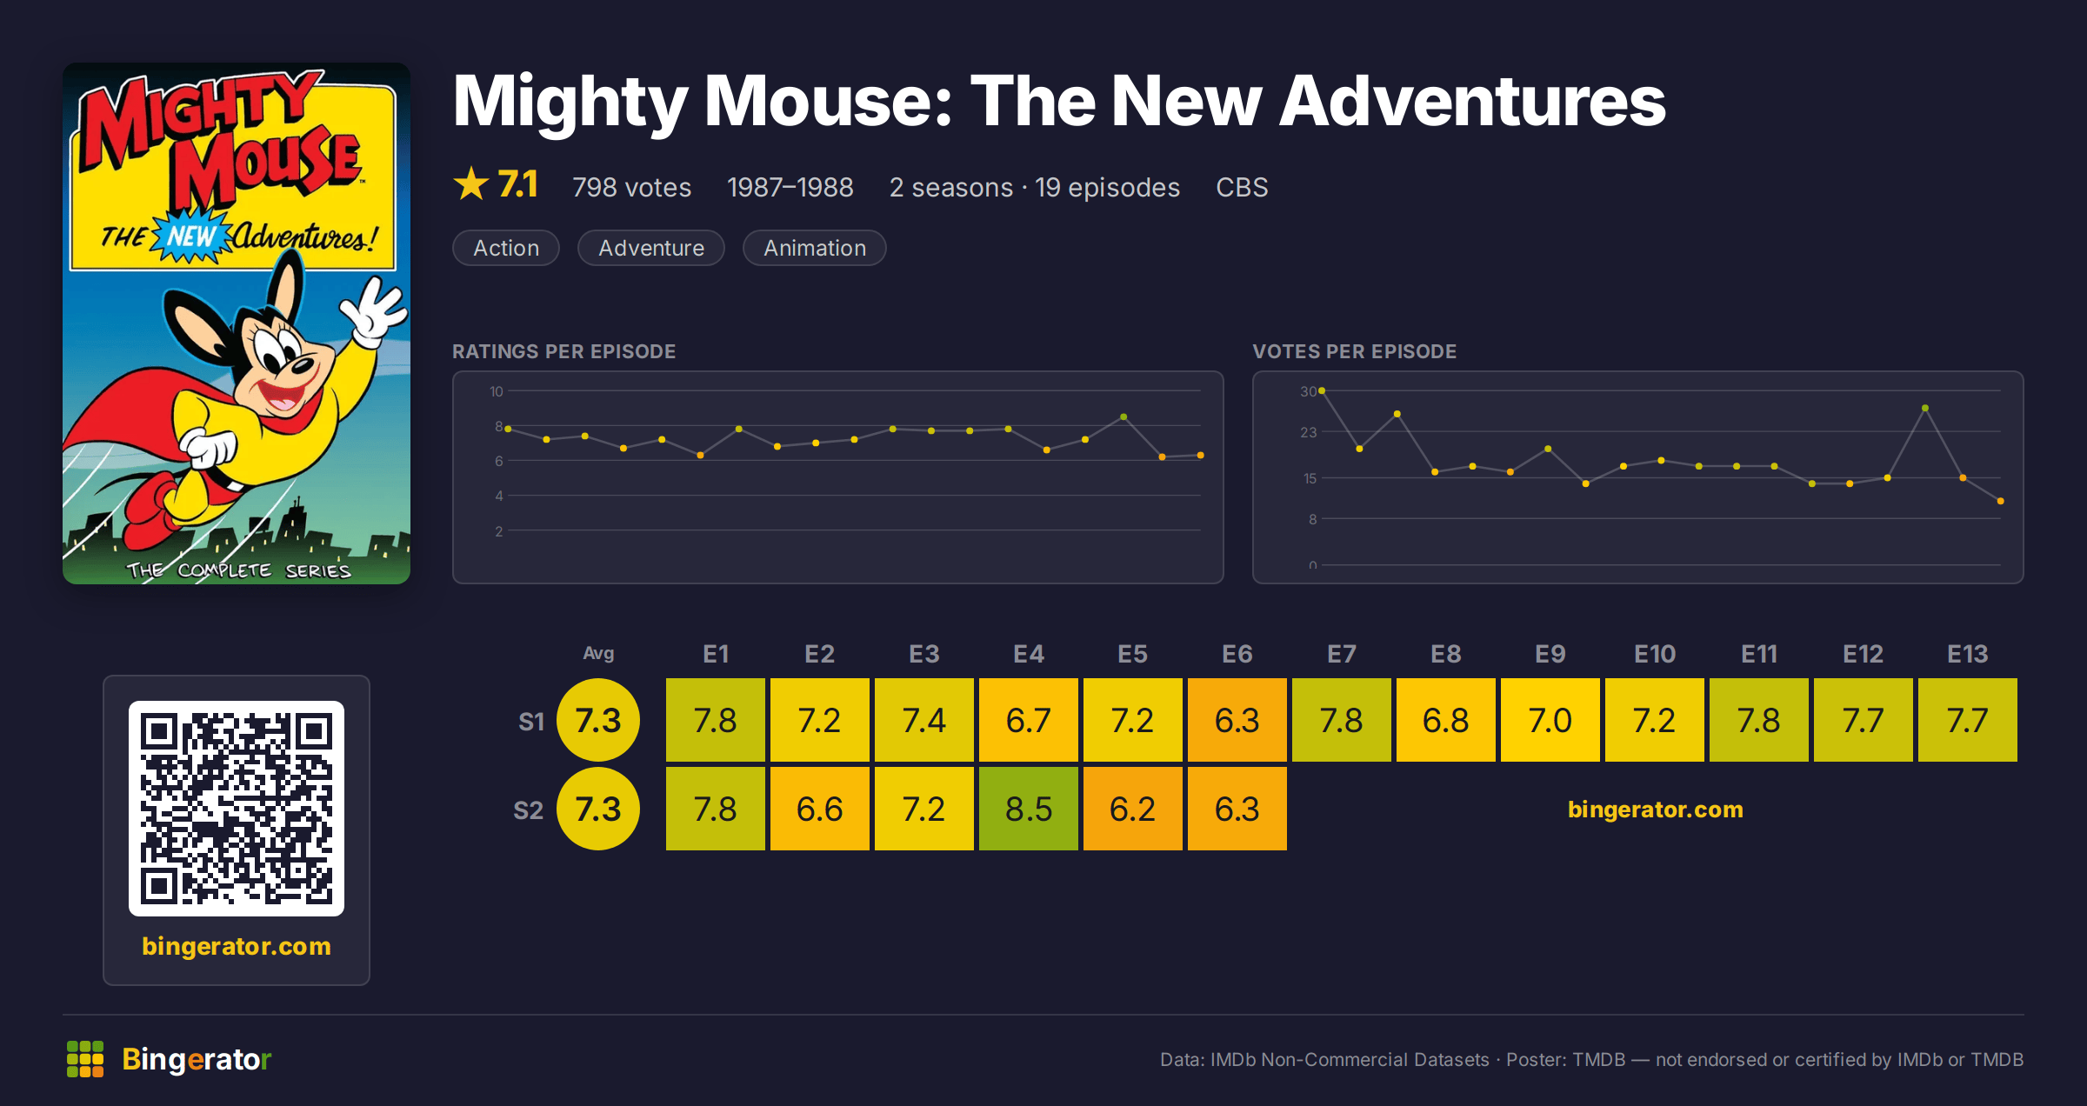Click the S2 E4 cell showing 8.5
pyautogui.click(x=1029, y=809)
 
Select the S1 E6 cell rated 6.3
pyautogui.click(x=1237, y=720)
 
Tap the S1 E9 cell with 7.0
pyautogui.click(x=1550, y=720)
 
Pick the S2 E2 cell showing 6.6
pyautogui.click(x=820, y=809)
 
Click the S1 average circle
pyautogui.click(x=598, y=720)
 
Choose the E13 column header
pyautogui.click(x=1968, y=654)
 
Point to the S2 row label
pyautogui.click(x=528, y=810)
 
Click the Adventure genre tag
pyautogui.click(x=651, y=248)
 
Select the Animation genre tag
pyautogui.click(x=815, y=248)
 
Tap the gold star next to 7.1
pyautogui.click(x=471, y=183)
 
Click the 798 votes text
pyautogui.click(x=632, y=187)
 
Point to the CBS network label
pyautogui.click(x=1242, y=187)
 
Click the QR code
pyautogui.click(x=237, y=809)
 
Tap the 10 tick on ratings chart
pyautogui.click(x=497, y=391)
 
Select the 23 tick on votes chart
pyautogui.click(x=1309, y=432)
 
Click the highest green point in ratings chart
pyautogui.click(x=1124, y=417)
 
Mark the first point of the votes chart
pyautogui.click(x=1322, y=391)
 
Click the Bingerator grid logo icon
pyautogui.click(x=85, y=1059)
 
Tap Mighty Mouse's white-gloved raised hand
pyautogui.click(x=374, y=311)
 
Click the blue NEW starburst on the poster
pyautogui.click(x=191, y=235)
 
